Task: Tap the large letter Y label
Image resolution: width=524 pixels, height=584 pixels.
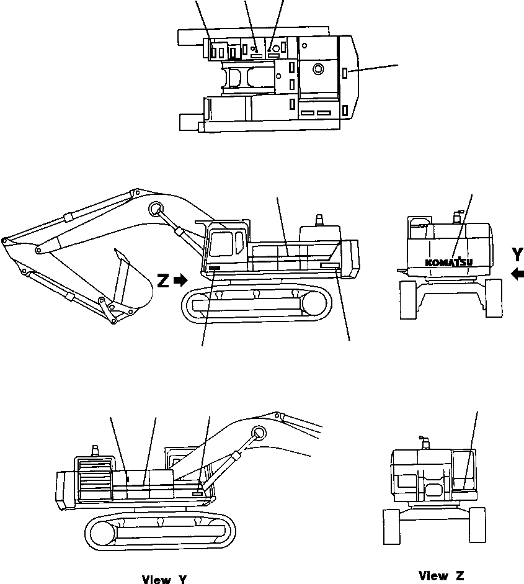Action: click(x=518, y=254)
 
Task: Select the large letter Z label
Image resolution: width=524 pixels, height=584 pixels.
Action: click(x=163, y=281)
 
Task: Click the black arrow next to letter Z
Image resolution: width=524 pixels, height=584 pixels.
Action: click(x=181, y=281)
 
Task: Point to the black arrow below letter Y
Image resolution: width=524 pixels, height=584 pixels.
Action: click(x=518, y=273)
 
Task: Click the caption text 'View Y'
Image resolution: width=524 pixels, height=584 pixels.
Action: click(x=164, y=580)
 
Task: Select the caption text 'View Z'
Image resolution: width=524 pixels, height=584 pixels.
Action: click(x=441, y=576)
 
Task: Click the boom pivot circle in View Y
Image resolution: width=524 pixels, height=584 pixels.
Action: click(x=259, y=432)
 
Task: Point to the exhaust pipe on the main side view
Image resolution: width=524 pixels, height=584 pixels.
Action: click(x=321, y=220)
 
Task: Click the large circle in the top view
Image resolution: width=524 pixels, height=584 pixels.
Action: click(x=318, y=68)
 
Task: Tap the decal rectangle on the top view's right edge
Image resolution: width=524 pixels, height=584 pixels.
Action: click(x=344, y=74)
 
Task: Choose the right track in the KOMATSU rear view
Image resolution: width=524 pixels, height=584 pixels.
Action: click(x=494, y=298)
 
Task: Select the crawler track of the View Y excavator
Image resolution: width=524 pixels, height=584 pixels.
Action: click(x=159, y=531)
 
